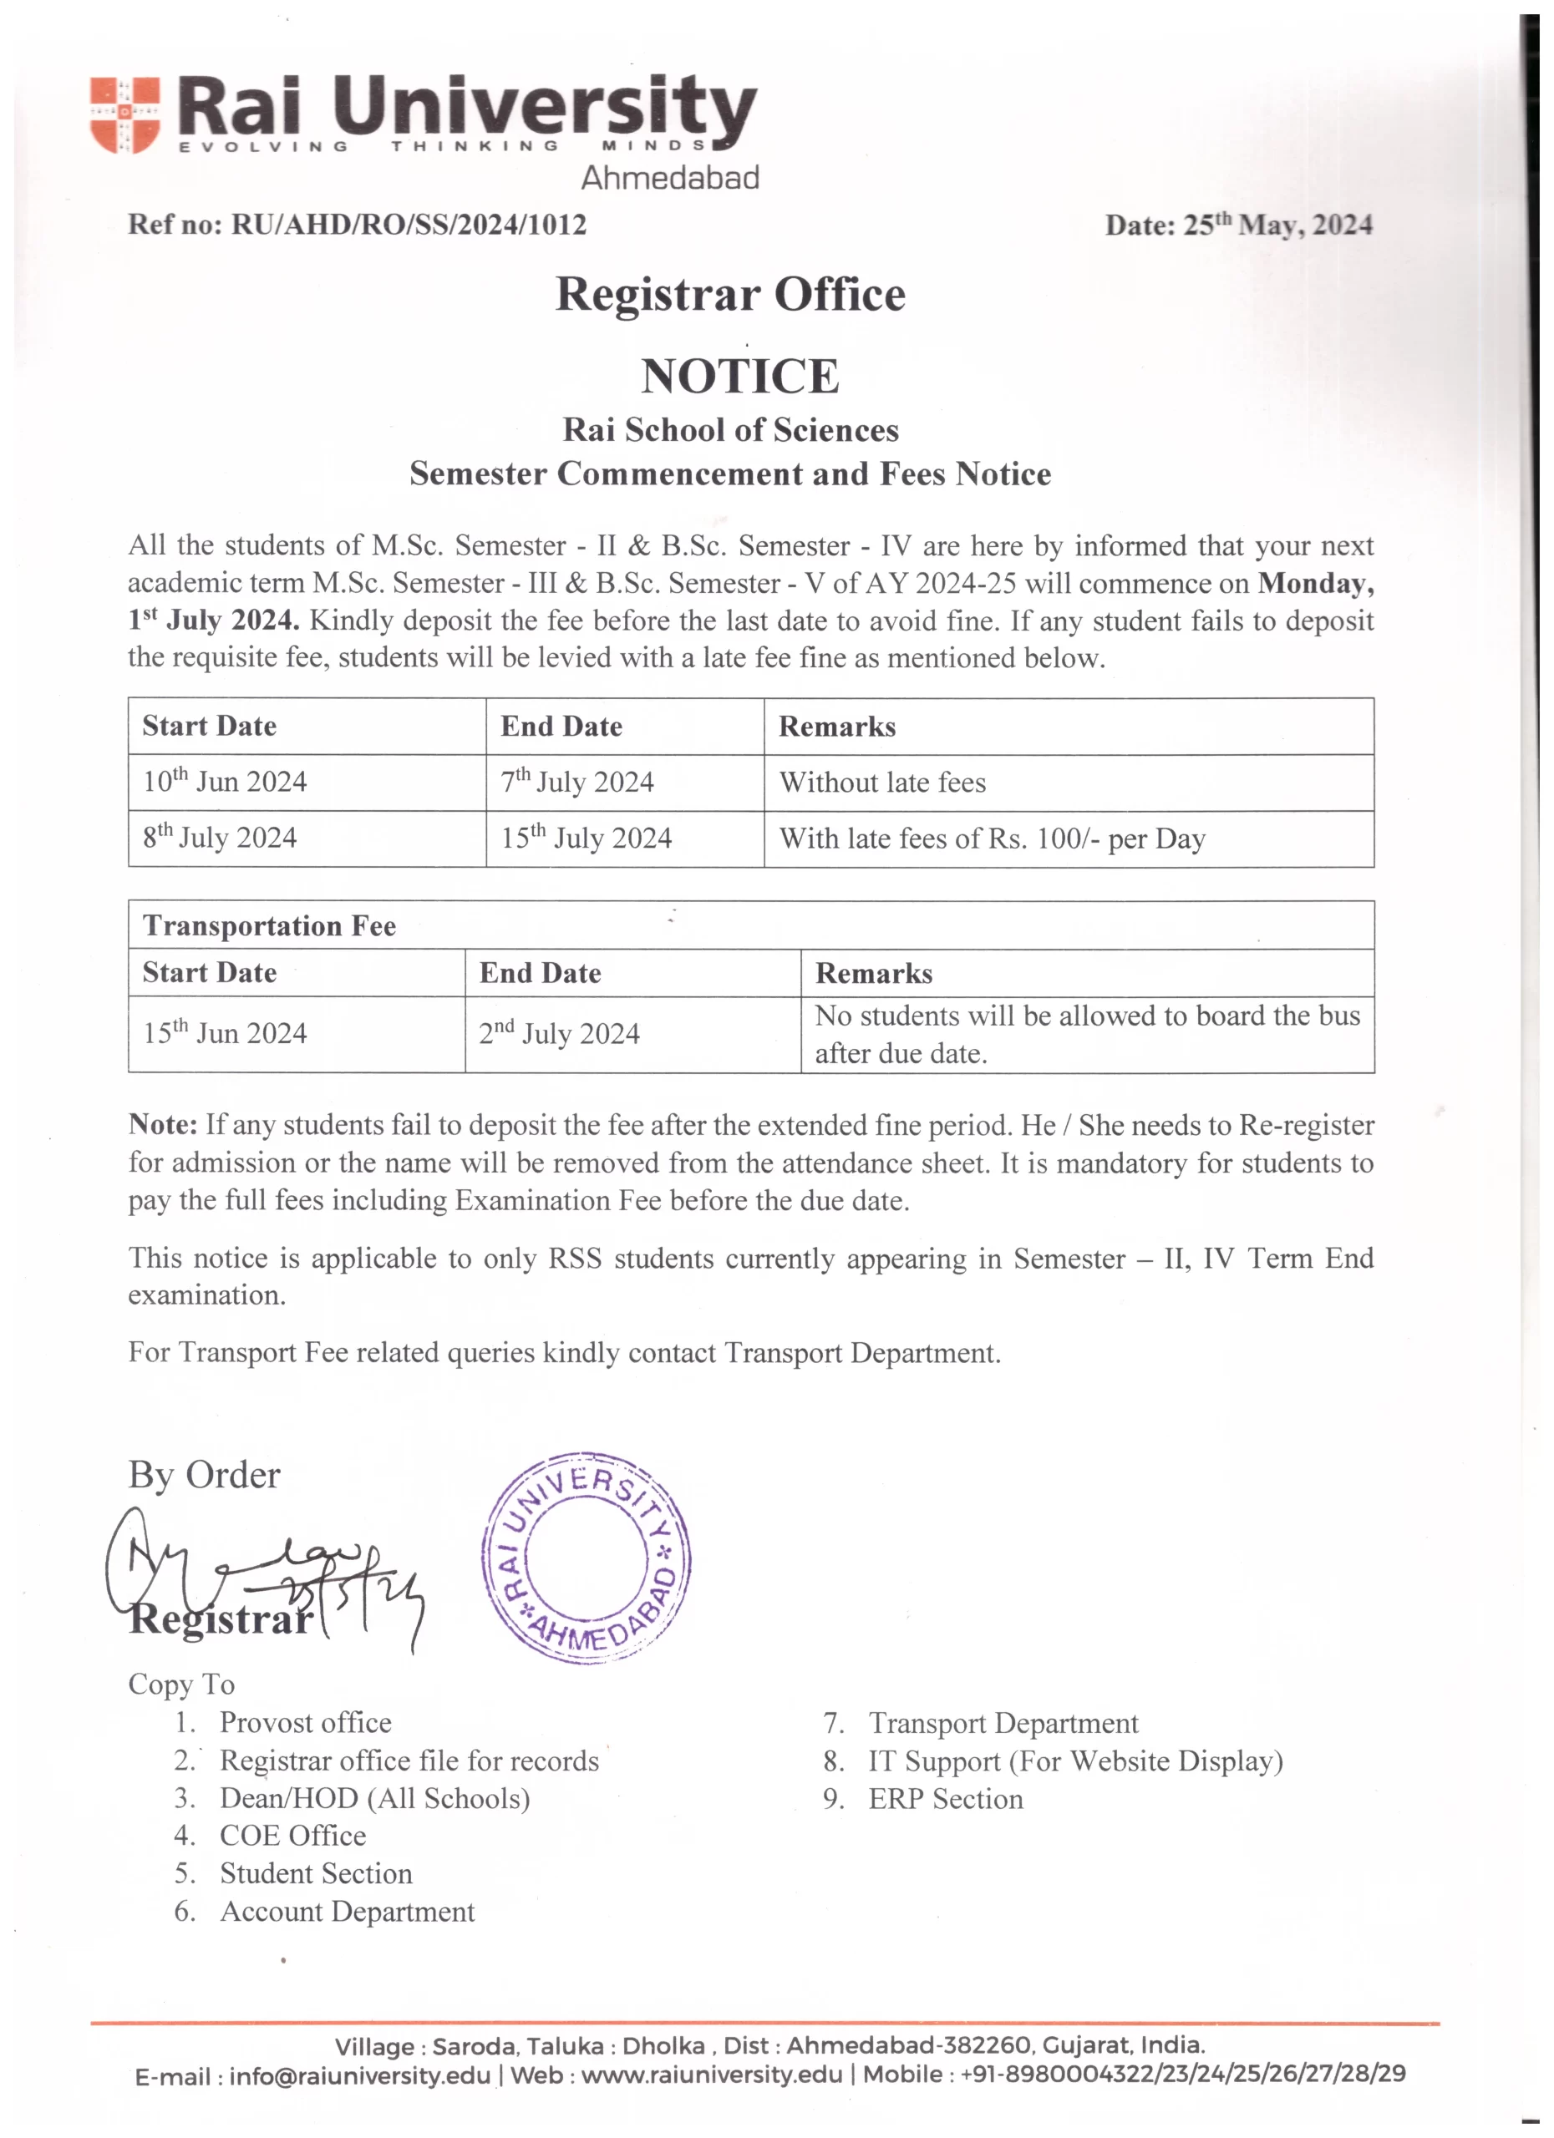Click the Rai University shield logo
tap(124, 114)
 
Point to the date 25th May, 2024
tap(1277, 225)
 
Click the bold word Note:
tap(162, 1125)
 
